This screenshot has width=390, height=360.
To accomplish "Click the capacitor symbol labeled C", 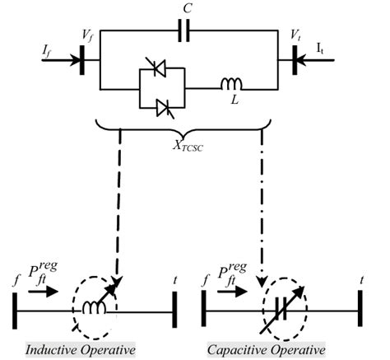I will point(186,34).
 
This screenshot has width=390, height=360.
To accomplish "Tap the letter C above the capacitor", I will point(187,11).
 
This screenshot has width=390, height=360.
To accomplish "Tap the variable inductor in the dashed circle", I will point(96,306).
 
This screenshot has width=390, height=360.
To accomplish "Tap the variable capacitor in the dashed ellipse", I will point(276,306).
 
